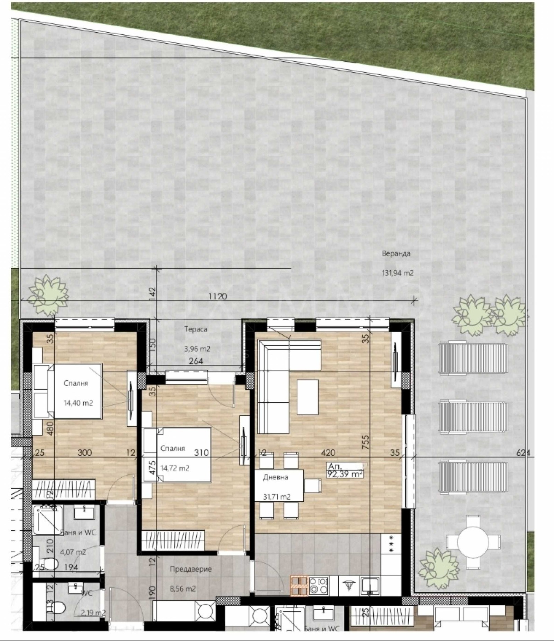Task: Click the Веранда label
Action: [396, 253]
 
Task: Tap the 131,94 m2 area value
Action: [397, 273]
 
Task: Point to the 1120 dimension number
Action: [218, 296]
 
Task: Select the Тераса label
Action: [196, 329]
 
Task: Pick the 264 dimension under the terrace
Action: [196, 361]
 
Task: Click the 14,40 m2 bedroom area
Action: [78, 403]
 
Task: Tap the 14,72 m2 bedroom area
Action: [175, 468]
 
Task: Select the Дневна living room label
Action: [276, 477]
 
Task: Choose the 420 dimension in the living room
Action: [328, 452]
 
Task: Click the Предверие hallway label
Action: [190, 569]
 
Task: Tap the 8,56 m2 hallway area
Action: [183, 589]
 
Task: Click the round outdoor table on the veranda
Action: [473, 542]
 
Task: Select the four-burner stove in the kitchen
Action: [318, 585]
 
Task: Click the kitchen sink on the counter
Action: [370, 585]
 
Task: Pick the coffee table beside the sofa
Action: [307, 397]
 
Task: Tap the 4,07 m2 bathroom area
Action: [73, 552]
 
